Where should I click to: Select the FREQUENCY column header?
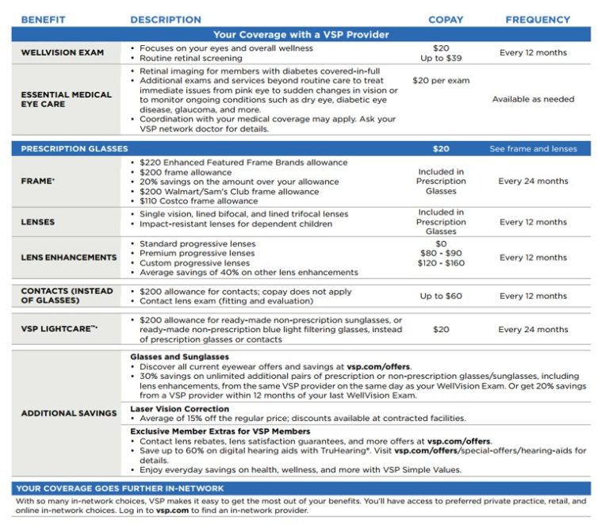[x=538, y=20]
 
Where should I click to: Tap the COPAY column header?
[x=446, y=20]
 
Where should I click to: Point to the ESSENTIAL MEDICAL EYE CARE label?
[x=66, y=100]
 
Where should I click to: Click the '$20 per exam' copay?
[x=441, y=81]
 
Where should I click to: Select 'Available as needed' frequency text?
[x=533, y=100]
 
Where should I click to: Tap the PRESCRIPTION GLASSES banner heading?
[x=74, y=149]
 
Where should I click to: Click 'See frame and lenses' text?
[x=533, y=149]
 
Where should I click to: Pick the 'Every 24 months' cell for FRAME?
[x=533, y=182]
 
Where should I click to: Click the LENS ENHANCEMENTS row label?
[x=69, y=258]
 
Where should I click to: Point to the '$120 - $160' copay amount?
[x=441, y=263]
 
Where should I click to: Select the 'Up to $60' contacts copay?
[x=441, y=296]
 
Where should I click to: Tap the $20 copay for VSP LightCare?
[x=441, y=330]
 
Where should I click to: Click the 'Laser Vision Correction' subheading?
[x=179, y=409]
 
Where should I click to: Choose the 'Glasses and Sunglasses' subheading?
[x=179, y=358]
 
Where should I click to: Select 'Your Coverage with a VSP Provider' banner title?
[x=301, y=35]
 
